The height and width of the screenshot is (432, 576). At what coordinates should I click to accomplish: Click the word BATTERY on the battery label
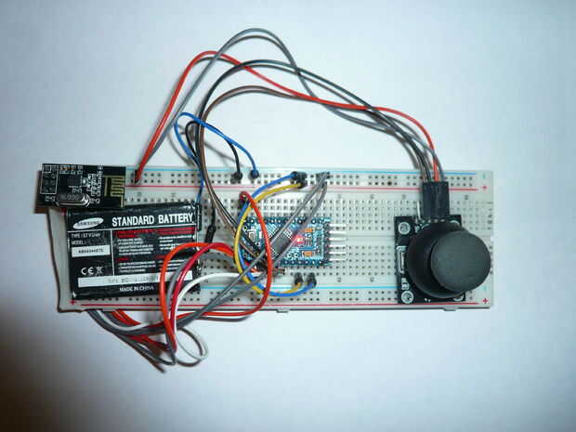[x=176, y=219]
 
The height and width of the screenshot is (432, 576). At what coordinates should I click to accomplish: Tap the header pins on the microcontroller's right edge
[x=338, y=240]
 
